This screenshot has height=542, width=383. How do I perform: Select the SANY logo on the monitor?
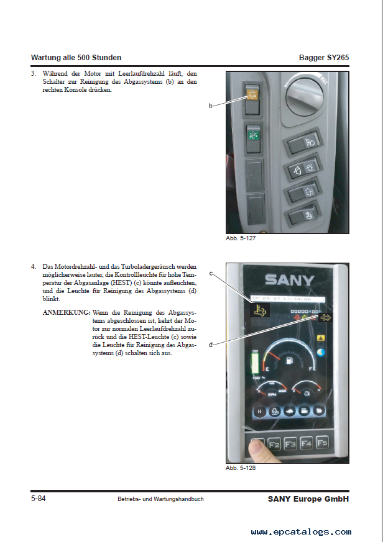289,279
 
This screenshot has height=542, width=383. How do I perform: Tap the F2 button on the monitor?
274,444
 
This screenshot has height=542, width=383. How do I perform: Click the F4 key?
306,444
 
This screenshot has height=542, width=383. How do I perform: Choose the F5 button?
321,443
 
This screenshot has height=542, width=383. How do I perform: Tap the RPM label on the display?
271,394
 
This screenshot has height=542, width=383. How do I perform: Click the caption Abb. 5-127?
241,239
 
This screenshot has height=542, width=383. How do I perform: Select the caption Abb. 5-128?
241,468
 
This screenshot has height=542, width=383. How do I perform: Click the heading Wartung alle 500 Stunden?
76,58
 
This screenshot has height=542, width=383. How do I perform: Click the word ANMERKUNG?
66,312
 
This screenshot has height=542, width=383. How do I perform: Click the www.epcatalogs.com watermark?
301,531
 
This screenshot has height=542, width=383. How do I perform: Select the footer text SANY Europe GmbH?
308,499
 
